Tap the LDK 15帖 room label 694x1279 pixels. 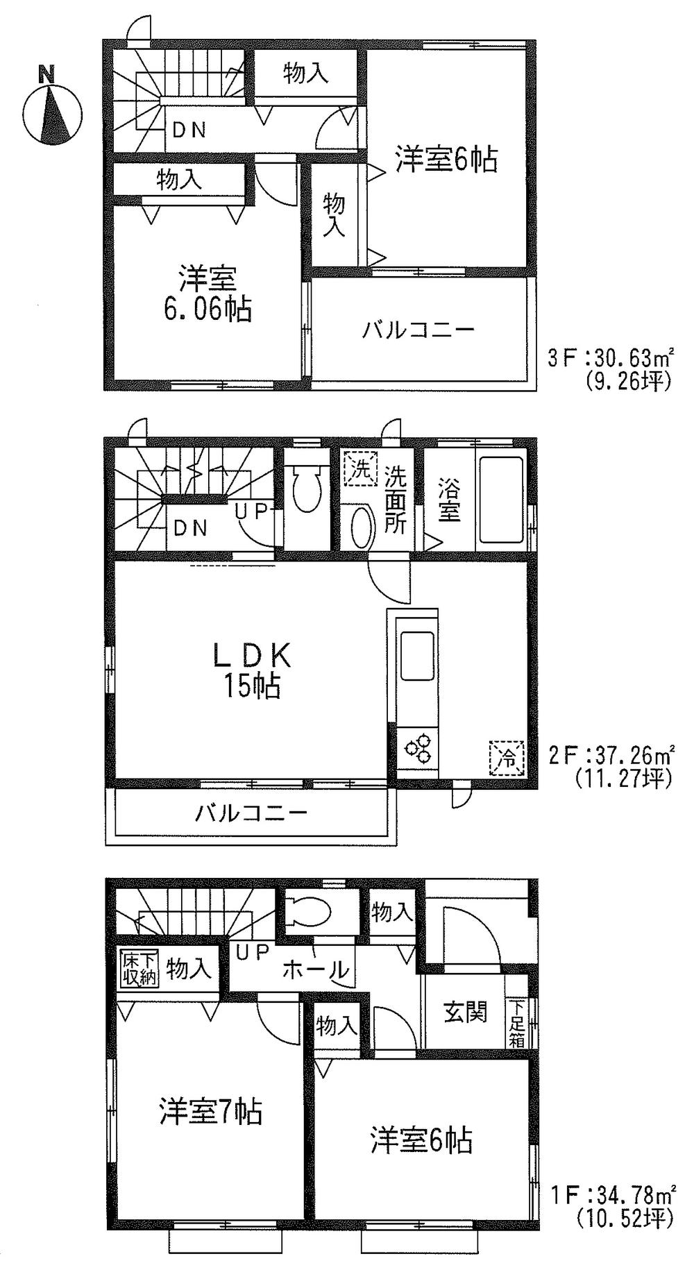(x=251, y=670)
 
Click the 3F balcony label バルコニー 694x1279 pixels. (x=418, y=330)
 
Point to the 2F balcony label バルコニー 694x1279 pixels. (x=251, y=812)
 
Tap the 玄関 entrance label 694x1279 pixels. (x=465, y=1012)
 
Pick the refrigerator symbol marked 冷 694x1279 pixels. (x=507, y=758)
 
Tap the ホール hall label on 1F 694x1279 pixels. (x=315, y=969)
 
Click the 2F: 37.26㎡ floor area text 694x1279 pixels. (x=611, y=754)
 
